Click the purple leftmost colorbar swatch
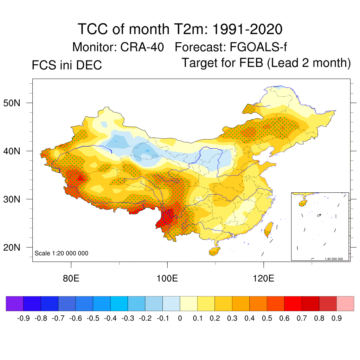coord(14,303)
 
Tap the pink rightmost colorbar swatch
coord(345,303)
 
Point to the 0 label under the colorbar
coord(180,319)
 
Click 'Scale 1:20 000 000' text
coord(62,253)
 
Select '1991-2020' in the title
coord(247,29)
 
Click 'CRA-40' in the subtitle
coord(142,47)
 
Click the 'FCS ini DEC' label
coord(67,65)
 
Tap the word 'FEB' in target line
coord(251,63)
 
